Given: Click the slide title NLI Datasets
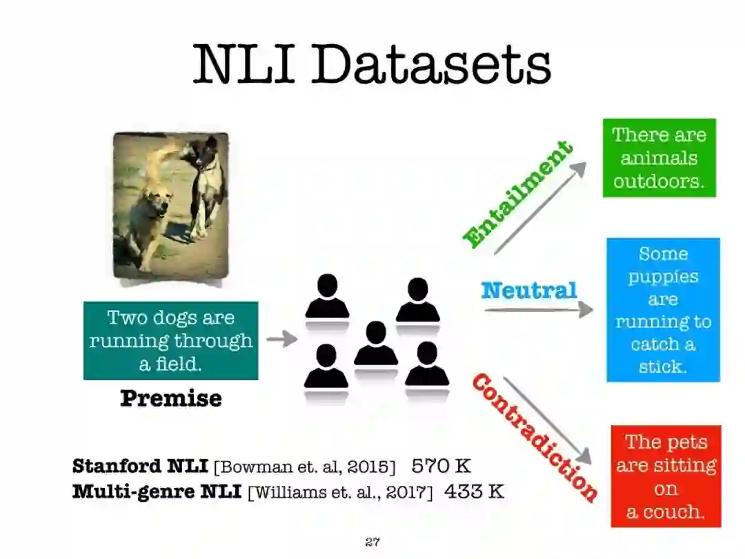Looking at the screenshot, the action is (x=372, y=63).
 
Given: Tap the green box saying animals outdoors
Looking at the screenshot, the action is (x=659, y=158).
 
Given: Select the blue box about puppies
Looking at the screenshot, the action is (x=663, y=310).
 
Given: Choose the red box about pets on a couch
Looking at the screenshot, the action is (x=665, y=477).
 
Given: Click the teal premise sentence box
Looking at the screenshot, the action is (x=170, y=340).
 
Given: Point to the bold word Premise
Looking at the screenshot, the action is (x=171, y=398).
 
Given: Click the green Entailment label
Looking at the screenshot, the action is (x=517, y=195).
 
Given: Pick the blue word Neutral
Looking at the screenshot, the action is (x=528, y=291).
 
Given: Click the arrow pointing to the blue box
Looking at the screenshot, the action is (x=538, y=310).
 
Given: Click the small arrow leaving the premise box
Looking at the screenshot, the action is (x=281, y=339).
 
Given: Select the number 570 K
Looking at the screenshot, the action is (x=441, y=466).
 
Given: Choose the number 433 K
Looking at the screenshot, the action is (x=474, y=491).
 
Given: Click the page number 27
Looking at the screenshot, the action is (x=372, y=542).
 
